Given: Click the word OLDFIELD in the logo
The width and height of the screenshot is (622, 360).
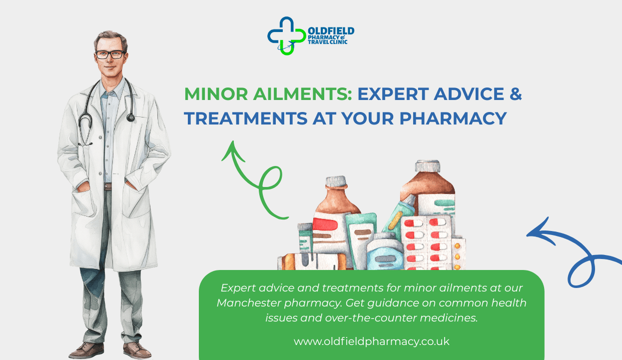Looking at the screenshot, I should pyautogui.click(x=331, y=31).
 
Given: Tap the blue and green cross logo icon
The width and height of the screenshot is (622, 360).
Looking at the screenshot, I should pyautogui.click(x=286, y=35).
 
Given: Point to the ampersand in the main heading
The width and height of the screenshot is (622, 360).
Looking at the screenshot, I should pyautogui.click(x=516, y=94).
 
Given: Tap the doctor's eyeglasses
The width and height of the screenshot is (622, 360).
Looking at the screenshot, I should pyautogui.click(x=110, y=54).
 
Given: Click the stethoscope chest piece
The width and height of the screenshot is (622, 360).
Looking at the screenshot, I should pyautogui.click(x=131, y=117).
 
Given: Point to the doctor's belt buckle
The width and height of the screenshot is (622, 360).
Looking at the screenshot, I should pyautogui.click(x=108, y=186).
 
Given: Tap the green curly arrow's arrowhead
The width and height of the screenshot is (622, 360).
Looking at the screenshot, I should pyautogui.click(x=231, y=150).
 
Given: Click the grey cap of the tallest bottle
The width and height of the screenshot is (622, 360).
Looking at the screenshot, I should pyautogui.click(x=427, y=166).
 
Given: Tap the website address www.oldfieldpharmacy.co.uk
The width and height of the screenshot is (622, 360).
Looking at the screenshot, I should pyautogui.click(x=371, y=341).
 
